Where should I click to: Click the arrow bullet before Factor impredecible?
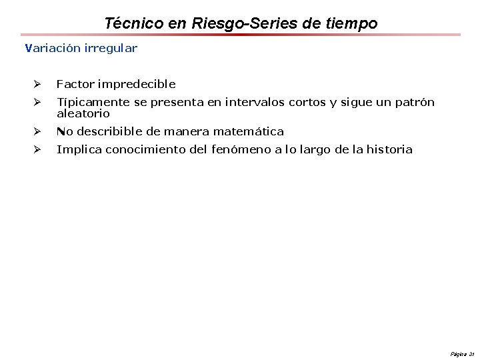[37, 84]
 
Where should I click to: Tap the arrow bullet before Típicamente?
[37, 102]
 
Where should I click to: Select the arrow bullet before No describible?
[37, 131]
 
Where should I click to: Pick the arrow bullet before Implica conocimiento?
[37, 149]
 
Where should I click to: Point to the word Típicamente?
[93, 102]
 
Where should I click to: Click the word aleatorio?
[83, 114]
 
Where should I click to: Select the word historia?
[389, 149]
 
